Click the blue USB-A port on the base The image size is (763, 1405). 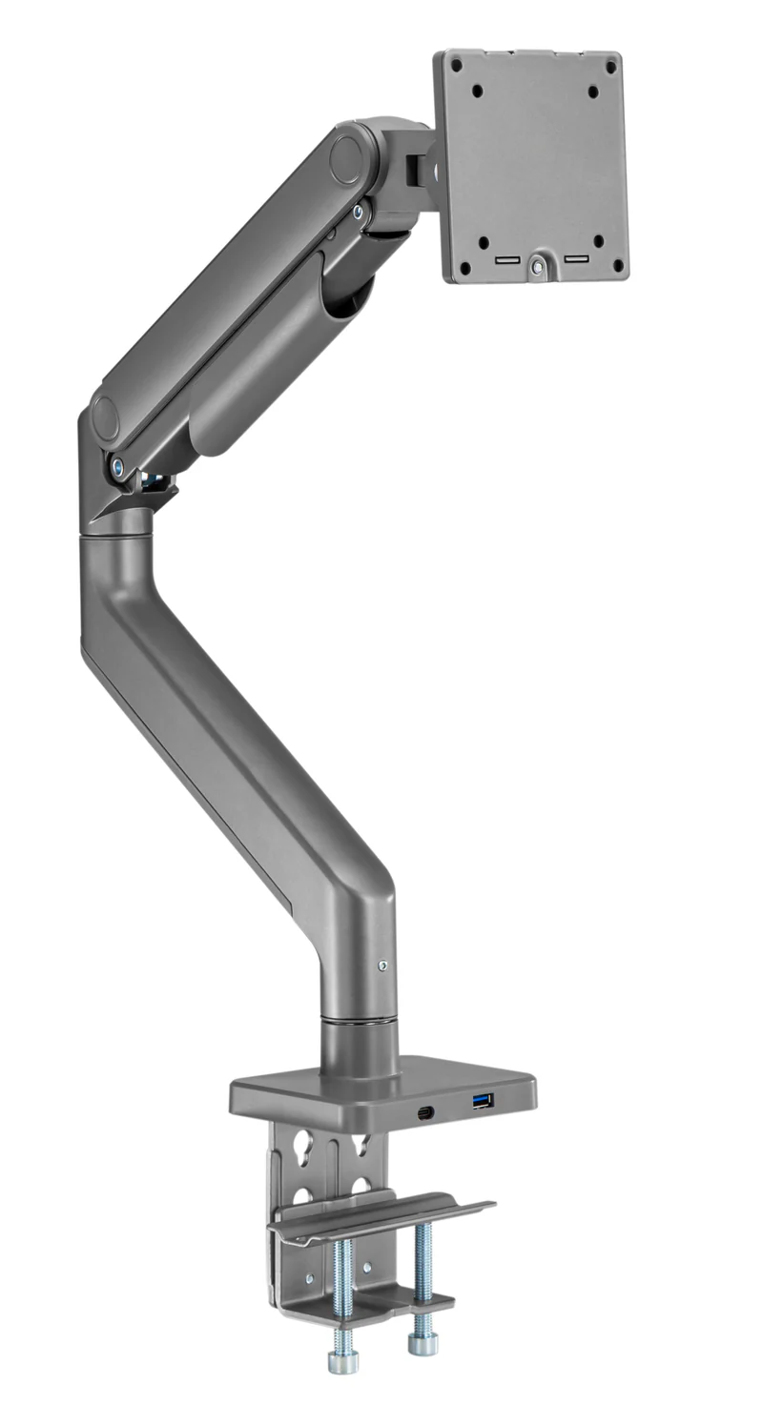(483, 1102)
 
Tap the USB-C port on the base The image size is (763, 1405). (425, 1111)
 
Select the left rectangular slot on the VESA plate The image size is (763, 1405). (507, 259)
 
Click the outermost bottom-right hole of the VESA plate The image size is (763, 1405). (617, 266)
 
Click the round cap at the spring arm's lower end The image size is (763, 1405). (105, 417)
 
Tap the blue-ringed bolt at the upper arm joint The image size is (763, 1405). (359, 213)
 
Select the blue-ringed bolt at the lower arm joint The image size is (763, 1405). (117, 466)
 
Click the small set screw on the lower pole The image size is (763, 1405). (382, 966)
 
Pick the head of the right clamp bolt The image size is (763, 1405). (421, 1343)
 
